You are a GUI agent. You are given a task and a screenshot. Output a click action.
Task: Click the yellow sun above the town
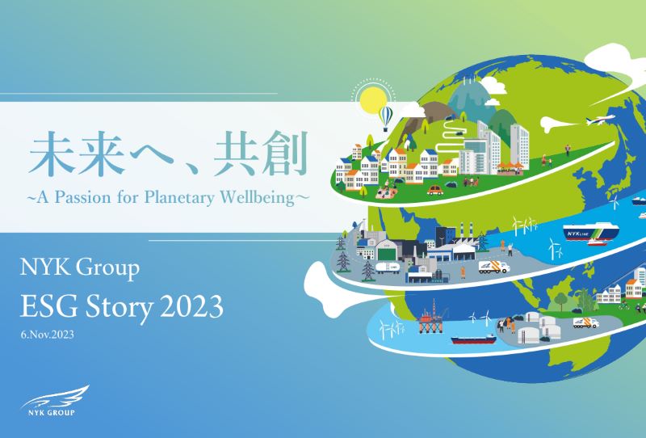click(373, 100)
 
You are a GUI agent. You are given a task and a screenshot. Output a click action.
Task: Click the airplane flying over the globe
click(601, 120)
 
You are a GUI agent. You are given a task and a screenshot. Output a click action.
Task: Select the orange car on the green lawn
click(435, 190)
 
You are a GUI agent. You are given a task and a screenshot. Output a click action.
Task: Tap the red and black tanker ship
click(473, 339)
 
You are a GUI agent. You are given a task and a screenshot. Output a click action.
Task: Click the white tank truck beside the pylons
click(388, 267)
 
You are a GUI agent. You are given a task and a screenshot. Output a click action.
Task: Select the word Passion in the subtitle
click(83, 197)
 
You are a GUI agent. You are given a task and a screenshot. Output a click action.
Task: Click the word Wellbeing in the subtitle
click(257, 197)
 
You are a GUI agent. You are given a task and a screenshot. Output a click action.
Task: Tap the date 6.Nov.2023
click(48, 335)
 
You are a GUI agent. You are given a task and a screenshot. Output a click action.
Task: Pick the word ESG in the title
click(44, 307)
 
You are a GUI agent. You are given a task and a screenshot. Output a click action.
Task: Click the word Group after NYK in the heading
click(107, 268)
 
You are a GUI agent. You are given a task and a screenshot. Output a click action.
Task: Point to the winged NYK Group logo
click(54, 402)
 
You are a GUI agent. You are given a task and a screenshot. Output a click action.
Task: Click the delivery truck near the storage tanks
click(585, 322)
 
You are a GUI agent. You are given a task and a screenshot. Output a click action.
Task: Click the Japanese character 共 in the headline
click(236, 154)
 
